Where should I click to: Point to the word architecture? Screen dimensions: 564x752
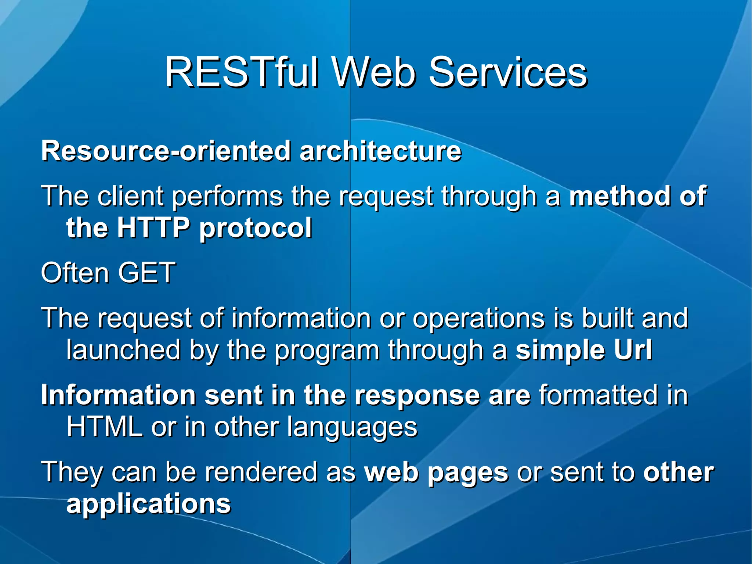(380, 151)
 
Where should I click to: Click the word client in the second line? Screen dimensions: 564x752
(130, 196)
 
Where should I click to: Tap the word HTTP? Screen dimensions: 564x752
(153, 227)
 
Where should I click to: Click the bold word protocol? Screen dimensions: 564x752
(256, 228)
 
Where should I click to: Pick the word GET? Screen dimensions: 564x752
(147, 273)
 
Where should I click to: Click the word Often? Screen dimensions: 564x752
(73, 273)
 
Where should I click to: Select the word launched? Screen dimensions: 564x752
(123, 350)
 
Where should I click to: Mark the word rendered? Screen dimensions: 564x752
(261, 472)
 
